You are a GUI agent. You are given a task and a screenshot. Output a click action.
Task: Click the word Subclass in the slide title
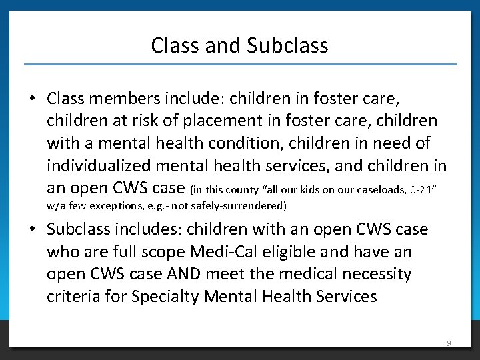point(287,45)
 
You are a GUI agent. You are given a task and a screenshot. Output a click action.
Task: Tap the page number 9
point(449,343)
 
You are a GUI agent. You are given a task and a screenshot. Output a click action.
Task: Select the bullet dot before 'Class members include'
point(32,99)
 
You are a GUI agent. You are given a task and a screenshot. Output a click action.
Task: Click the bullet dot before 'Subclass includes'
point(32,230)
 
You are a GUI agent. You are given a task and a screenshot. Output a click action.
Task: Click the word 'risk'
point(148,121)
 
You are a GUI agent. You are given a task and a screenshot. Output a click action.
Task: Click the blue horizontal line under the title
point(240,65)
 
